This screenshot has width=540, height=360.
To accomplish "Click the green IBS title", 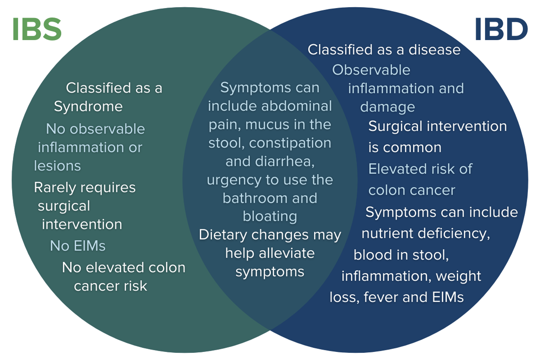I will pos(37,29).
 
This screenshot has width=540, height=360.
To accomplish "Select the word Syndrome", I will pos(88,107).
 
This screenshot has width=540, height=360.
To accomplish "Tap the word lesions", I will pos(57,166).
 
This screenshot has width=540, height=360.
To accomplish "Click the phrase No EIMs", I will pos(77,246).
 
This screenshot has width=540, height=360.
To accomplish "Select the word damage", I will pos(387,107).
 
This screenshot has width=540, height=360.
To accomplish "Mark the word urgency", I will pos(231,180).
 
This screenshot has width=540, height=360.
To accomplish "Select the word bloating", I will pos(270,216).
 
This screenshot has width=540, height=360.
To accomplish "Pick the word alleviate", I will pos(287,253).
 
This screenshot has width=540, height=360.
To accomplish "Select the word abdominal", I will pos(297,106).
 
